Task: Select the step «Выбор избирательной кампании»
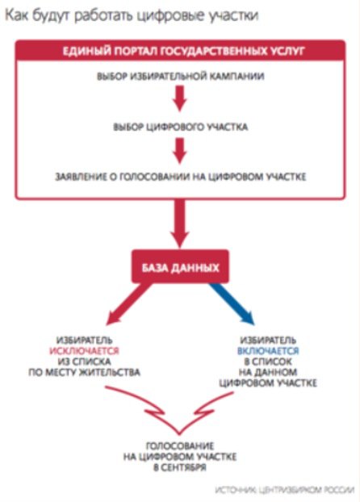click(x=180, y=77)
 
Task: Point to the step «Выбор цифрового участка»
click(x=180, y=127)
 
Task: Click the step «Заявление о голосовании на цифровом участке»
click(x=180, y=177)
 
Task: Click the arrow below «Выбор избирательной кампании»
click(x=180, y=98)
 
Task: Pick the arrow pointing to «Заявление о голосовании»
click(x=180, y=150)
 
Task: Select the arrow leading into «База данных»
click(x=180, y=224)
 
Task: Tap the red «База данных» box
click(x=180, y=266)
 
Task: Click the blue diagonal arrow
click(x=232, y=303)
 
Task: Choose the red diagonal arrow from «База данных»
click(x=129, y=303)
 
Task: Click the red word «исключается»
click(x=84, y=351)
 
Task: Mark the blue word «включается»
click(x=268, y=351)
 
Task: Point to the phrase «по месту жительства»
click(x=84, y=372)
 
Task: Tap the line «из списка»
click(x=84, y=362)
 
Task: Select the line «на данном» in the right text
click(x=268, y=372)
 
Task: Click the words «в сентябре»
click(x=180, y=467)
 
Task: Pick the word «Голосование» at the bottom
click(x=180, y=446)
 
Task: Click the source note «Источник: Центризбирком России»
click(x=284, y=490)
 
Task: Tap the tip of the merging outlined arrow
click(x=180, y=434)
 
